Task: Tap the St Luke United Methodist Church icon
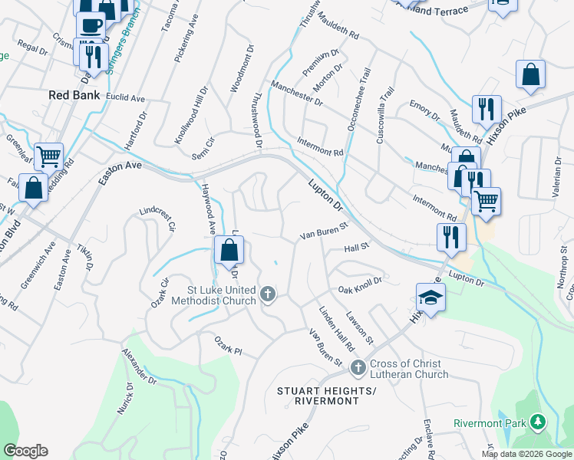coord(268,294)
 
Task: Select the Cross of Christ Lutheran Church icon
coord(358,369)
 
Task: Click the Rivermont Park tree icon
coord(539,422)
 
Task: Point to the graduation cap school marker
coord(431,298)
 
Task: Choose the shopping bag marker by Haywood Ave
coord(229,250)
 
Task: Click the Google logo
coord(25,451)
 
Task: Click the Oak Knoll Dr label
coord(360,285)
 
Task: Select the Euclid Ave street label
coord(127,99)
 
